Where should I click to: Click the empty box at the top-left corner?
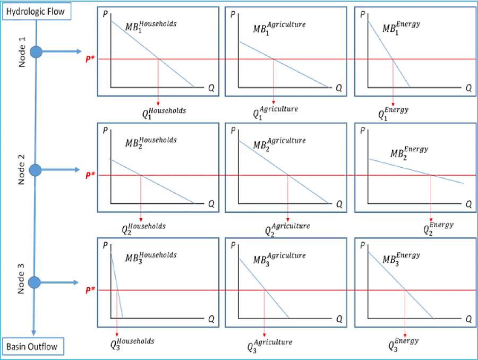coord(37,12)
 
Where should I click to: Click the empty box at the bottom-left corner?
coord(34,346)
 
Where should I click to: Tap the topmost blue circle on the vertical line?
coord(36,52)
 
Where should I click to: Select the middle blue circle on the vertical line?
coord(35,170)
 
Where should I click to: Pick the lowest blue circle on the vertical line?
coord(35,282)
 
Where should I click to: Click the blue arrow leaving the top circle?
coord(61,52)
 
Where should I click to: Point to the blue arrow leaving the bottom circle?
coord(59,282)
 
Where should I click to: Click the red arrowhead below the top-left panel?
coord(158,101)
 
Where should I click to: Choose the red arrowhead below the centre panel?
coord(287,218)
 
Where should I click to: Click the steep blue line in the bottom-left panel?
coord(116,284)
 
